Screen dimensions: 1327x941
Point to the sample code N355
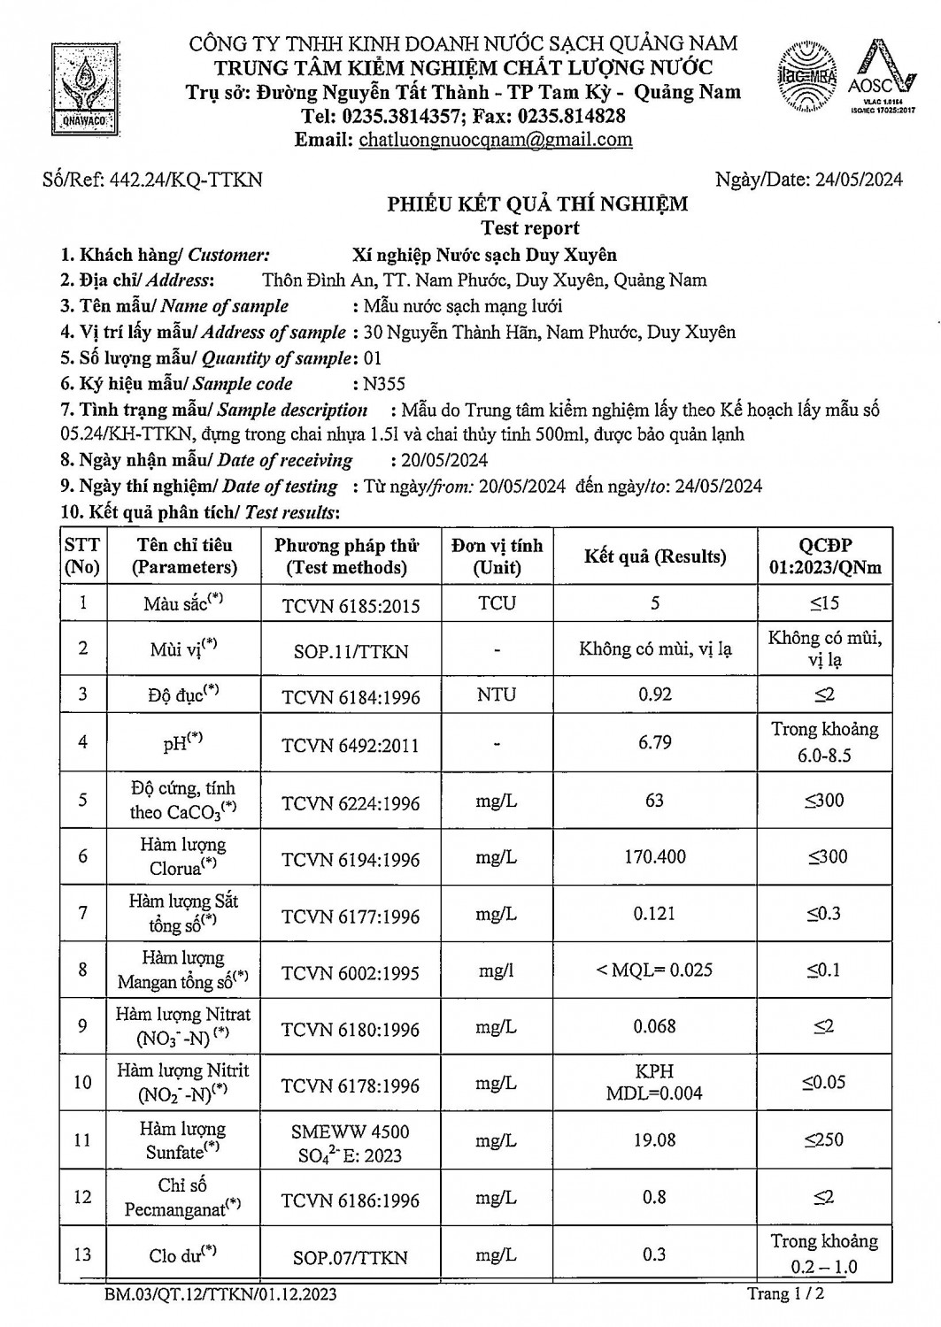(x=378, y=384)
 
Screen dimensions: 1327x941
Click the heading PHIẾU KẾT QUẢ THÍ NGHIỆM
(x=537, y=205)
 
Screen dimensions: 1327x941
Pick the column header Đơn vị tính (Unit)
(x=497, y=556)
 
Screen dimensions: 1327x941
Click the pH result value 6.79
(x=655, y=741)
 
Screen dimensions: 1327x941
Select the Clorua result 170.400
(x=655, y=856)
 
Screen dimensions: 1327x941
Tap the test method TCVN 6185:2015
(x=351, y=606)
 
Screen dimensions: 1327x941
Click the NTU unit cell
(x=497, y=694)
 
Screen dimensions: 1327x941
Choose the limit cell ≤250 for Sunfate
(x=824, y=1140)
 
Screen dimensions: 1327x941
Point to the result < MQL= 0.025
(x=655, y=970)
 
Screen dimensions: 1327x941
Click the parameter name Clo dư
(x=182, y=1254)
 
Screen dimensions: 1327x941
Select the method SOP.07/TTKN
(x=351, y=1257)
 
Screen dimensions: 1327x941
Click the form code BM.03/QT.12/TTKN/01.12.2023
(x=220, y=1295)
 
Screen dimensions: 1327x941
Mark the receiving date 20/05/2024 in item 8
(x=439, y=460)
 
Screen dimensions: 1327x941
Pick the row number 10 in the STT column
(x=83, y=1082)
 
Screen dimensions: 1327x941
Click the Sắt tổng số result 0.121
(x=655, y=913)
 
